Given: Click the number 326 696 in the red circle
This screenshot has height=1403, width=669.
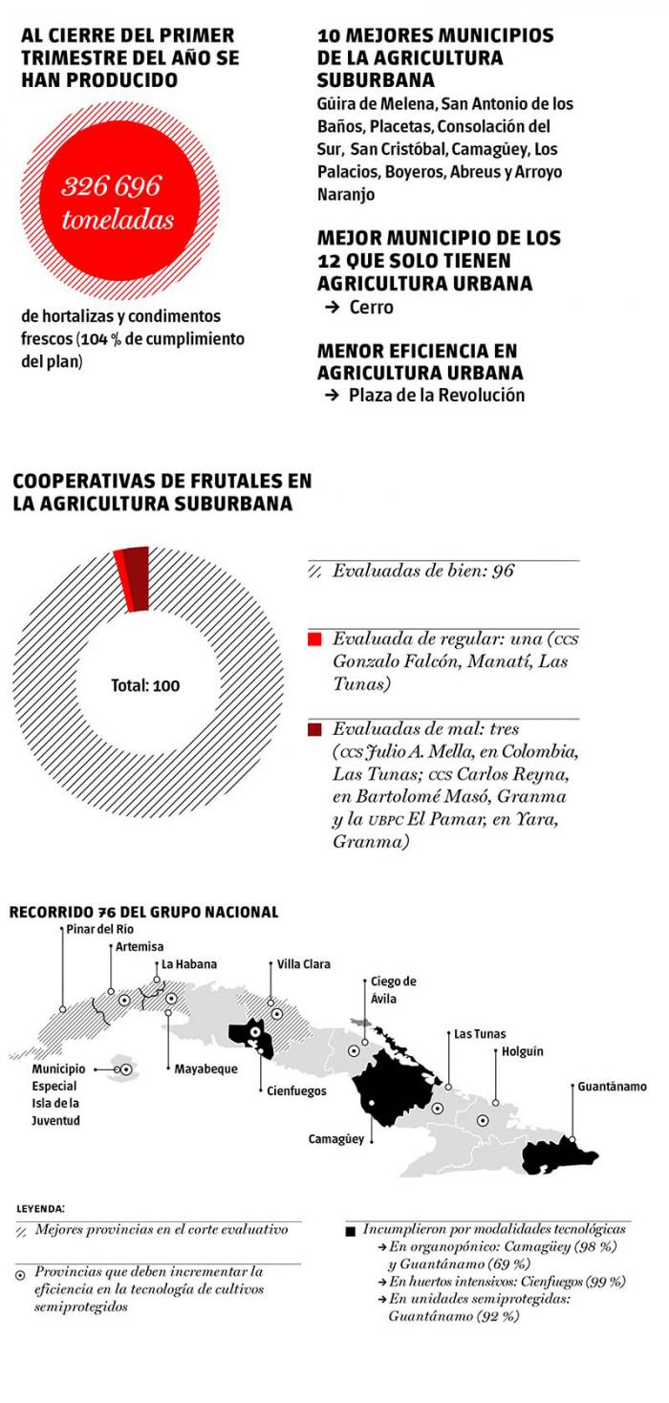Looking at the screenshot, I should (111, 184).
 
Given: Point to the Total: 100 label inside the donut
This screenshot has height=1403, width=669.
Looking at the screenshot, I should (145, 685).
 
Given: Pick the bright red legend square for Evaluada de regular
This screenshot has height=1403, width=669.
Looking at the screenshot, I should (313, 638).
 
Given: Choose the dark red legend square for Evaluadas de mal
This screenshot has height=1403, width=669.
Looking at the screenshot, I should (313, 730).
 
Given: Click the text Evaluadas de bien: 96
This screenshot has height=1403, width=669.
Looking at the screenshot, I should (422, 572).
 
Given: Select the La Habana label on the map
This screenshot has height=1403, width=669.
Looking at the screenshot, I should (188, 964).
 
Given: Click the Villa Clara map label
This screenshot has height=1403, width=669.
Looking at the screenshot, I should (303, 964).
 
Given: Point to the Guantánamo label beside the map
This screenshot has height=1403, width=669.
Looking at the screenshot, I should (612, 1087).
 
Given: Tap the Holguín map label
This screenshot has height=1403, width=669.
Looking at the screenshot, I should (522, 1051).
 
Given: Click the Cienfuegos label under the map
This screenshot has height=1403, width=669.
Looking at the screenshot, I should (296, 1090).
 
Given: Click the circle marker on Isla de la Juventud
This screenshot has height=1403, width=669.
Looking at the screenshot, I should (123, 1070).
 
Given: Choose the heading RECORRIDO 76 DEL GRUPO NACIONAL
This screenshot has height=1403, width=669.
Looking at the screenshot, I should (143, 912).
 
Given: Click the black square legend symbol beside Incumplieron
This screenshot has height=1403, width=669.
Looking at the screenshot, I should (350, 1231).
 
